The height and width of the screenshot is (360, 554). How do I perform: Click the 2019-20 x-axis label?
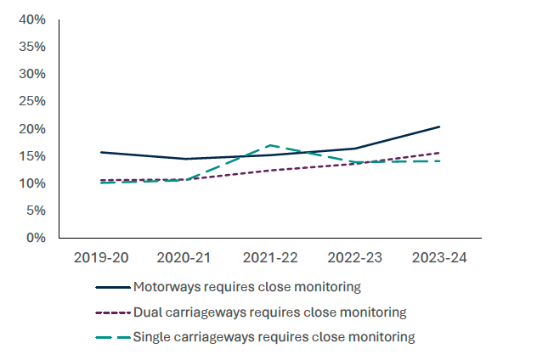click(101, 256)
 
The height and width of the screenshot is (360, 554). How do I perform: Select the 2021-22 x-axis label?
click(270, 256)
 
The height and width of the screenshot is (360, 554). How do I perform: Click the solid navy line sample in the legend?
click(114, 287)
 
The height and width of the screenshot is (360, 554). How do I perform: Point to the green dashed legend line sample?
click(114, 337)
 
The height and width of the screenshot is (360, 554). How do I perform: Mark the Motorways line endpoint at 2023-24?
click(439, 127)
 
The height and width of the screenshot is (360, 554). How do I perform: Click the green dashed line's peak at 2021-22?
click(270, 145)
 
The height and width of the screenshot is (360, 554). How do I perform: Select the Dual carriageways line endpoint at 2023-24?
click(439, 153)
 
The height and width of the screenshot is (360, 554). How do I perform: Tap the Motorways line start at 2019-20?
click(101, 152)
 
